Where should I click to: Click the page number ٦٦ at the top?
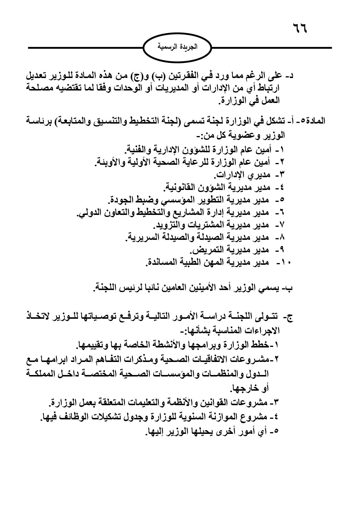pos(299,29)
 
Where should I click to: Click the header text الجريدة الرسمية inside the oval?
pos(178,47)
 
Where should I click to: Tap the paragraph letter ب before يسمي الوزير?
pos(289,289)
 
